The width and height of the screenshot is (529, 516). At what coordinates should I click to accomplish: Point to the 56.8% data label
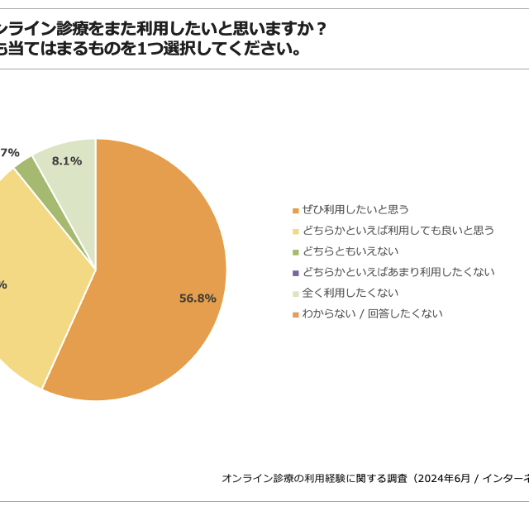pyautogui.click(x=198, y=299)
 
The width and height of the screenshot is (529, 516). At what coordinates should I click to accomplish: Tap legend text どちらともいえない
pyautogui.click(x=350, y=251)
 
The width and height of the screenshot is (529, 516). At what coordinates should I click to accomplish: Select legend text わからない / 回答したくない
pyautogui.click(x=373, y=313)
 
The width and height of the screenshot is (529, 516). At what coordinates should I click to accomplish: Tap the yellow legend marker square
pyautogui.click(x=295, y=231)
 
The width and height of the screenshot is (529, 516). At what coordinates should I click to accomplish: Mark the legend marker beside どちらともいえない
pyautogui.click(x=295, y=251)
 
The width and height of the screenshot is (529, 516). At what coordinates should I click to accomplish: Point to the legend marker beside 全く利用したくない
pyautogui.click(x=295, y=294)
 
